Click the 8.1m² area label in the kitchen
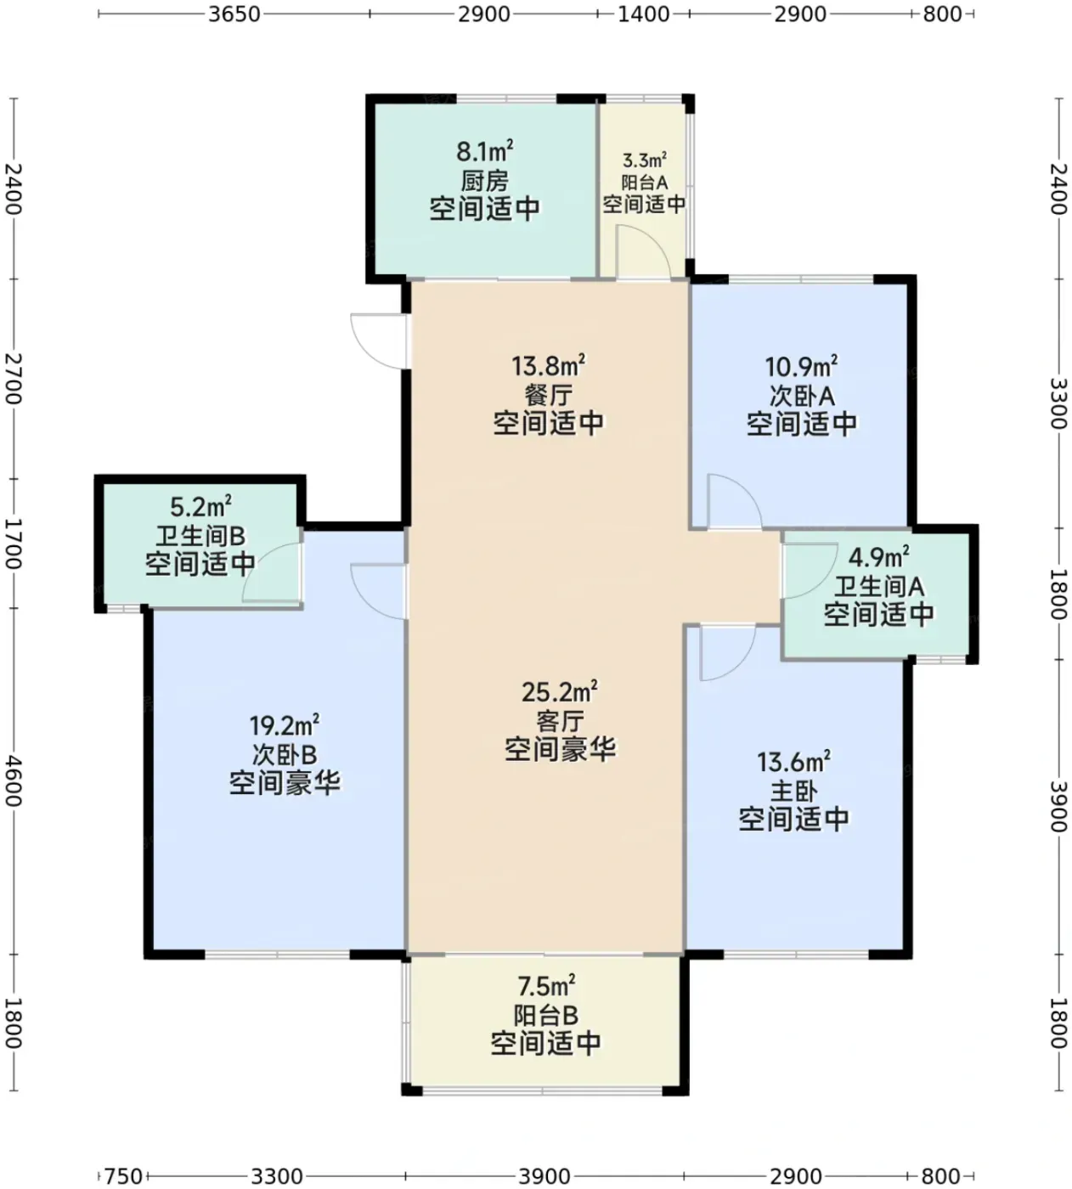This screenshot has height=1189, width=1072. pos(484,151)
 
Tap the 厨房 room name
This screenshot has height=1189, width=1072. pos(484,181)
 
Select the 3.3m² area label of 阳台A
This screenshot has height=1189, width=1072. pos(644,160)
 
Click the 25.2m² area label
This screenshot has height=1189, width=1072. pos(559,691)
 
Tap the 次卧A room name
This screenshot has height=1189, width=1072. pos(802,396)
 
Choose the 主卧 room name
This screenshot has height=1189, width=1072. pos(793,792)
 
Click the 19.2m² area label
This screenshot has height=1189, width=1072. pos(284,725)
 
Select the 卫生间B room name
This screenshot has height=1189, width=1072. pos(200,537)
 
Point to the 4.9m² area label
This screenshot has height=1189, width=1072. pos(878,557)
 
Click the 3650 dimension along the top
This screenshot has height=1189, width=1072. pos(234,14)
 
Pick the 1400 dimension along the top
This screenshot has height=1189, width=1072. pos(644,14)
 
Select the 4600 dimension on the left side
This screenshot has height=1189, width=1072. pos(13,780)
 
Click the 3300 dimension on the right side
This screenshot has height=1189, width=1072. pos(1059,403)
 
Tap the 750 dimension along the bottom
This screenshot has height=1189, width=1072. pos(123,1175)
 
